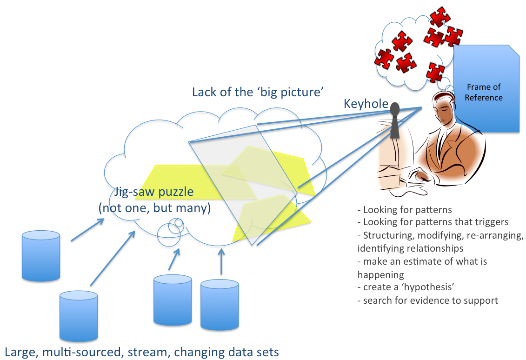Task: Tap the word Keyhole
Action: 366,104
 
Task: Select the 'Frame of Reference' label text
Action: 484,92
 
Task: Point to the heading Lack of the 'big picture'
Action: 257,92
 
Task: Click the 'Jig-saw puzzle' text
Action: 154,192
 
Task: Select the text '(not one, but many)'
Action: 154,208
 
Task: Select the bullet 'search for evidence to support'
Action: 428,300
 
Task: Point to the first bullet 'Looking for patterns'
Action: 404,210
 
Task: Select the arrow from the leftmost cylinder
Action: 87,230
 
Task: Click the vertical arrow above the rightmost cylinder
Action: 221,261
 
